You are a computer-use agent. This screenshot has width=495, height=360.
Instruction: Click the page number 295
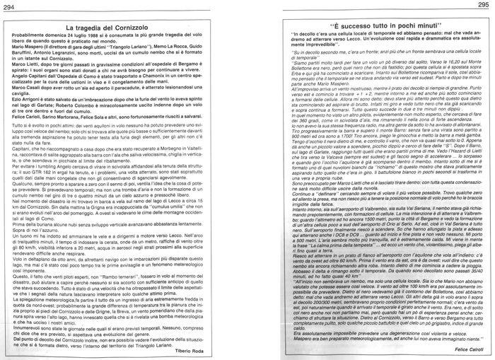click(485, 6)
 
